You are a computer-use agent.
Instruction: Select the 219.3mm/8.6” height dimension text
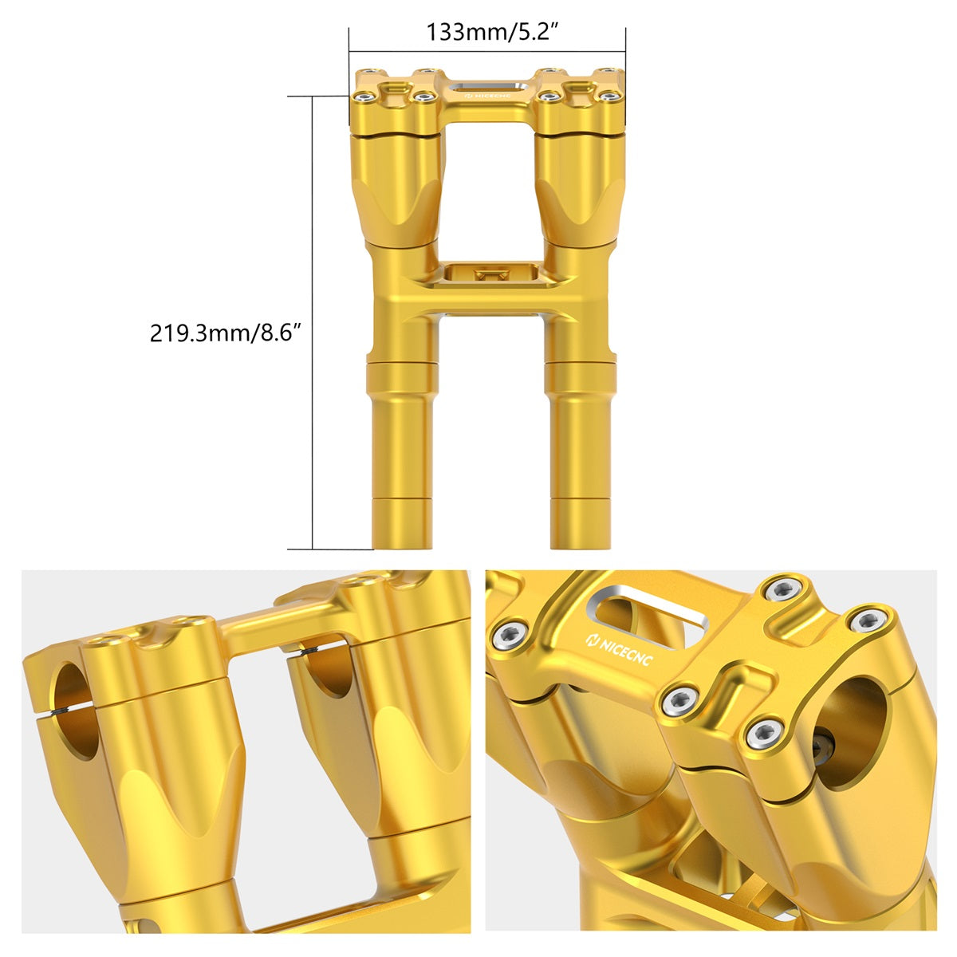pyautogui.click(x=225, y=332)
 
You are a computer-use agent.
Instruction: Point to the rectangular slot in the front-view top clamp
pyautogui.click(x=487, y=86)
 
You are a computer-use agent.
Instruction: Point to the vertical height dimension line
pyautogui.click(x=312, y=322)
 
